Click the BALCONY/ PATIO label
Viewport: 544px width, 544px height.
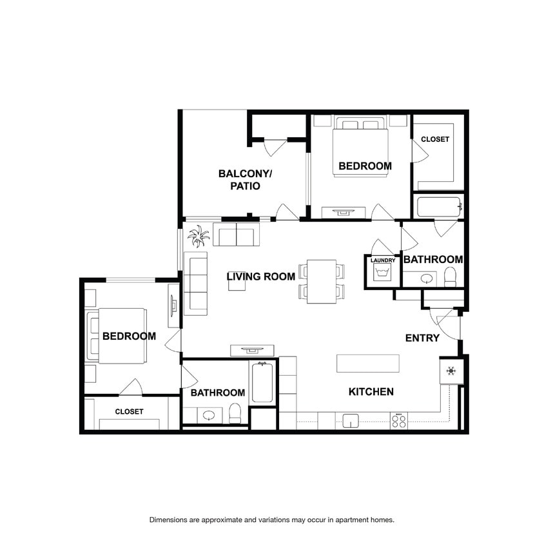pos(245,180)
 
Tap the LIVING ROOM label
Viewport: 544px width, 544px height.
pos(261,277)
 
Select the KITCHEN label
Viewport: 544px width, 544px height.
pos(371,392)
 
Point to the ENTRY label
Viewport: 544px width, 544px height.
pos(422,338)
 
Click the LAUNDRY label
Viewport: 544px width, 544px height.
pos(383,260)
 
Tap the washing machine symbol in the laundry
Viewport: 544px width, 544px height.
pos(382,273)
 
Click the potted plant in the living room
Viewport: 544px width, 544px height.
pos(199,236)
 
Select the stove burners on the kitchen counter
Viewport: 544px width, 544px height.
pos(398,421)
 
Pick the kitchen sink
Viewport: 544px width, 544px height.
pos(351,420)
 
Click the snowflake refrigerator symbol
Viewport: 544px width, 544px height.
pos(451,371)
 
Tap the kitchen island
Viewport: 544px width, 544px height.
pos(368,364)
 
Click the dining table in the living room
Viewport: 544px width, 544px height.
pos(322,282)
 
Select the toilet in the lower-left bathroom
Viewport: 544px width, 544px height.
pos(235,413)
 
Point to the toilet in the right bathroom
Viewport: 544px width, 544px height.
pos(451,277)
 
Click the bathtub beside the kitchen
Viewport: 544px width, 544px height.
pos(262,382)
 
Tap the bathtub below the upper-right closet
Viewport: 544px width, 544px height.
pos(440,207)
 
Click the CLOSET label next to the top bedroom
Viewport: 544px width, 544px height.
pos(435,139)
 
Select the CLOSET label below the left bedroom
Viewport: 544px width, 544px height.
pos(129,411)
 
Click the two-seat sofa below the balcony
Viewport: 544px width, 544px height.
pos(237,235)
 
